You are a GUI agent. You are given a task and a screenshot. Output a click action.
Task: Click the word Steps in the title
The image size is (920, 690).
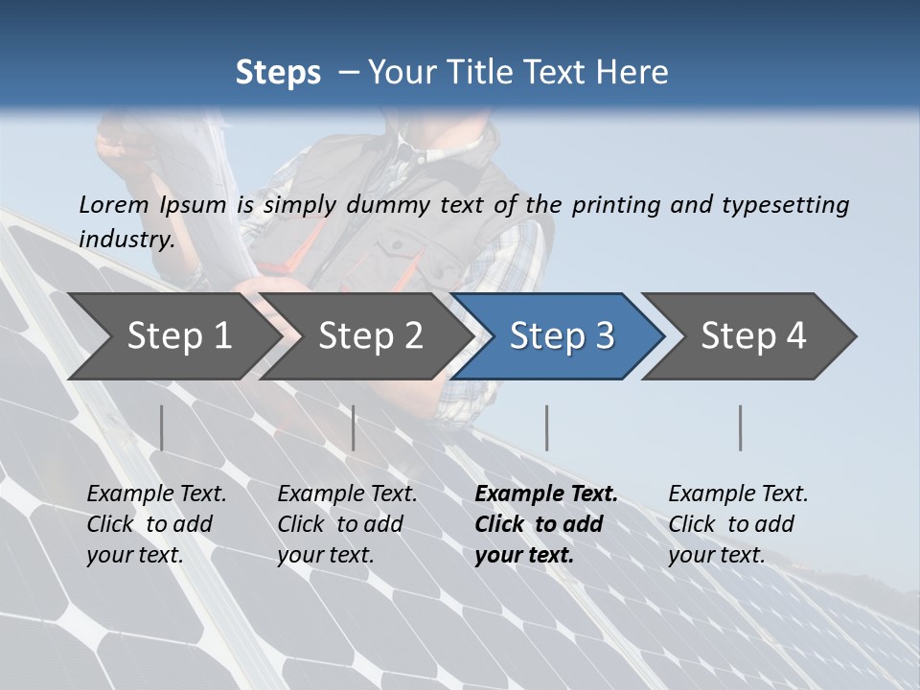[x=278, y=73]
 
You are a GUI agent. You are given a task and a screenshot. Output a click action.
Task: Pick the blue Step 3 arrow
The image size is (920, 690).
[x=562, y=335]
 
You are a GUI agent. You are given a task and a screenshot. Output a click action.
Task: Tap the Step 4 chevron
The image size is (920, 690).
[x=753, y=335]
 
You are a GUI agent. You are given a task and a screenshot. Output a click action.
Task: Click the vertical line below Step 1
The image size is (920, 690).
[x=161, y=427]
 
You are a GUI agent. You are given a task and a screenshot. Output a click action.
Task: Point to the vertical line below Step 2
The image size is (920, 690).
[x=354, y=427]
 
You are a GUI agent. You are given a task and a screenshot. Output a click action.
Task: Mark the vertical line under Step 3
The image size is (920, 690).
[x=546, y=427]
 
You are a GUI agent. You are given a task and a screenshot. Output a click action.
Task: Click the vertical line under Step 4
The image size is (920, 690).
[x=740, y=427]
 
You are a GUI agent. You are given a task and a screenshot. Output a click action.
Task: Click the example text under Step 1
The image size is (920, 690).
[x=155, y=524]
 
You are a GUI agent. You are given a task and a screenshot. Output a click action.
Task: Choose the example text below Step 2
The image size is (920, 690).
[x=346, y=524]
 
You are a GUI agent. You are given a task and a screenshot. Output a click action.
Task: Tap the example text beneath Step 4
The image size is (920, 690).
[x=737, y=524]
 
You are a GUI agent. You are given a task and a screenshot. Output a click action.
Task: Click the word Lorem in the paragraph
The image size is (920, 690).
[x=114, y=204]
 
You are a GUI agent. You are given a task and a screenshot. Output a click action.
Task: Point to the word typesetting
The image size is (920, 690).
[x=785, y=205]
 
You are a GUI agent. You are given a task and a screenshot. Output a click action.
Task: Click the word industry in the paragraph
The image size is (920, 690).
[x=126, y=239]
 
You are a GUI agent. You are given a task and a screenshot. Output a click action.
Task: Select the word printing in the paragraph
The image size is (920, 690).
[x=617, y=205]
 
